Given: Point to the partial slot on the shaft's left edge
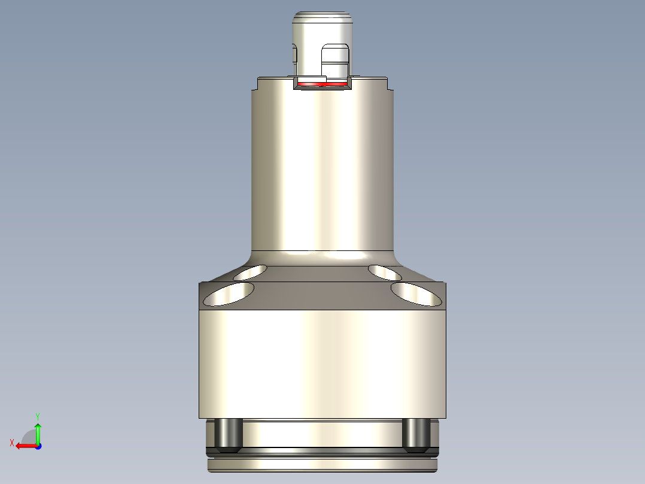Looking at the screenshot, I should coord(294,55).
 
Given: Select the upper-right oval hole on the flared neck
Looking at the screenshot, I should coord(385,273).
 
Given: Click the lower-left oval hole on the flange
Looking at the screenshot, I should coord(229,294).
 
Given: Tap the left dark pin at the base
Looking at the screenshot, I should coord(228,435).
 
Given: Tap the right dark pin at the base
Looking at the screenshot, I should coord(416,435).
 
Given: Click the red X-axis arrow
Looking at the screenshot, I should coord(24,446).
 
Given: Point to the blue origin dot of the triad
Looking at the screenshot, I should coord(38,446).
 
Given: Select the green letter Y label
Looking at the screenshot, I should coord(38,415).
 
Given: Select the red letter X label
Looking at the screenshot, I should coord(11,443).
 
